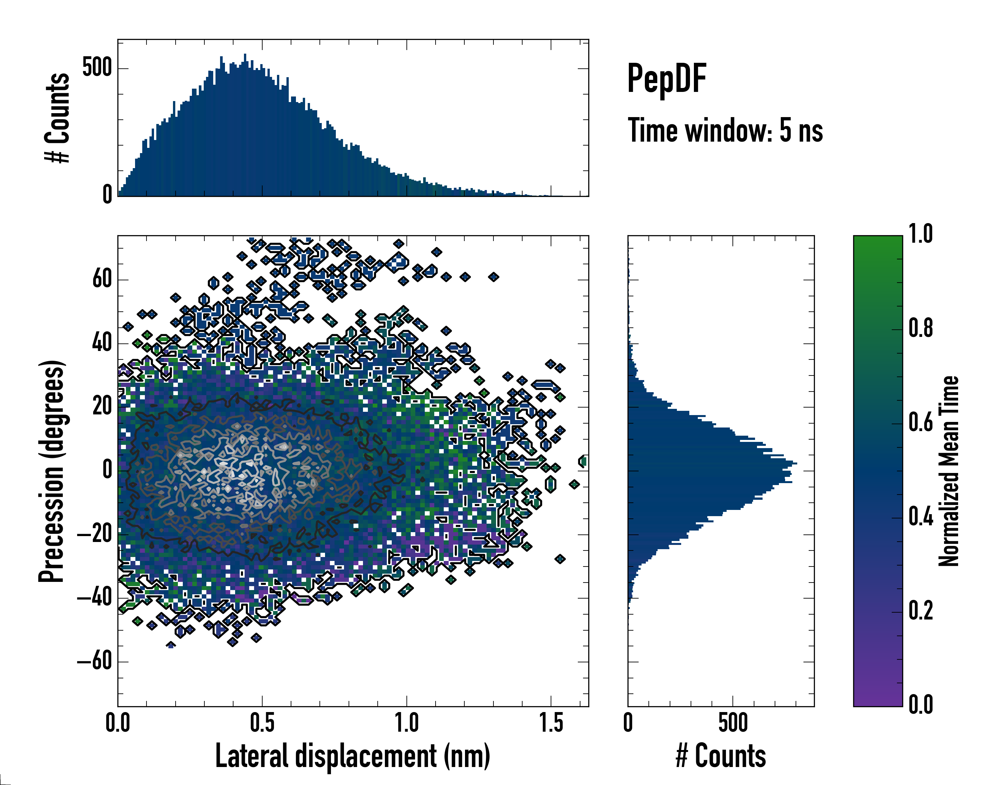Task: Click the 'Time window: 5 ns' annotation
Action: point(725,131)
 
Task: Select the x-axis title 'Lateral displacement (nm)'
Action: point(353,756)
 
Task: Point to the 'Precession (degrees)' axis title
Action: point(51,471)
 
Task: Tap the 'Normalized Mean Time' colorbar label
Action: point(949,471)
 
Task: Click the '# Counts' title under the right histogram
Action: point(721,756)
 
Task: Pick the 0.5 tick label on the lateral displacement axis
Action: point(262,723)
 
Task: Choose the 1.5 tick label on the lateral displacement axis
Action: point(551,723)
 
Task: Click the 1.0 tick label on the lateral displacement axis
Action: point(406,723)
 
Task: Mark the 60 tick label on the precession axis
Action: point(102,279)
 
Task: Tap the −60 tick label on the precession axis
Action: point(95,661)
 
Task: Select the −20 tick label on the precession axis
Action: point(95,534)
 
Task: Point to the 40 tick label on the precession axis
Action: point(102,343)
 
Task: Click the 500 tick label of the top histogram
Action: point(97,68)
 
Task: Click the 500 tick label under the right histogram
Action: point(732,723)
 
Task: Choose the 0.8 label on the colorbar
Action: point(921,329)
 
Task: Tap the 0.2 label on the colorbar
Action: point(921,611)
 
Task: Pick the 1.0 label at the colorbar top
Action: point(921,235)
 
